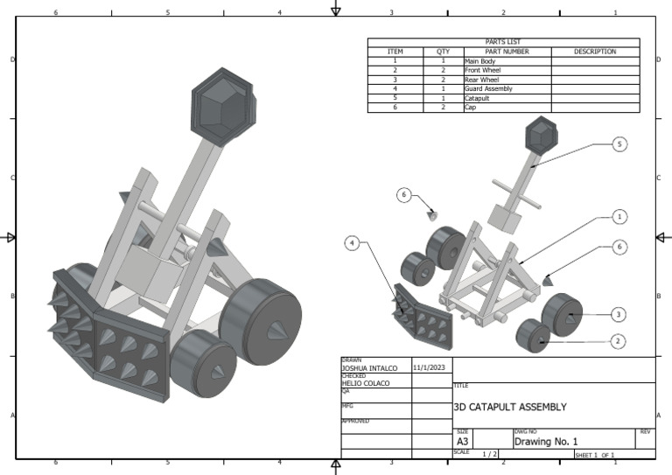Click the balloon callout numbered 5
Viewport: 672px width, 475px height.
(x=619, y=144)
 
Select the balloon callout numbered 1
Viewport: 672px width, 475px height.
(x=619, y=216)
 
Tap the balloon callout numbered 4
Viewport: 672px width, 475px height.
(x=352, y=243)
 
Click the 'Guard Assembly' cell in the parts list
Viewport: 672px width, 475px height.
(x=488, y=89)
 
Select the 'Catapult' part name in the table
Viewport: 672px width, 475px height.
(x=477, y=98)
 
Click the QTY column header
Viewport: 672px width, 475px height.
(x=443, y=52)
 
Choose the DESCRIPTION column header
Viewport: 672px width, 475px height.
(x=595, y=52)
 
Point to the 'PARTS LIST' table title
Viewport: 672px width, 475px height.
(x=503, y=42)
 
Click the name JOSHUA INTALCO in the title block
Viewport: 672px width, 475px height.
(x=369, y=369)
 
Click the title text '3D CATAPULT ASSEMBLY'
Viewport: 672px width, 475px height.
(x=510, y=407)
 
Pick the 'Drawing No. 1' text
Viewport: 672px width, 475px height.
(x=546, y=442)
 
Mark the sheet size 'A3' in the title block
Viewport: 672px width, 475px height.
(x=463, y=442)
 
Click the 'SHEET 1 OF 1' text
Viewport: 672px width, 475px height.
(x=595, y=455)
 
